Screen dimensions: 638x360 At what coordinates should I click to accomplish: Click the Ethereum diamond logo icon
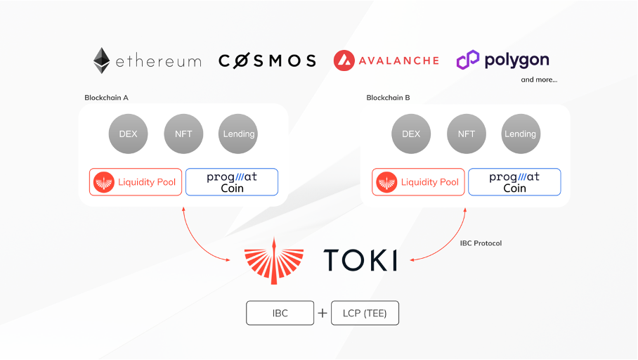[x=102, y=60]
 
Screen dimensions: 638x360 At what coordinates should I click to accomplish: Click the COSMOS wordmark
[x=267, y=60]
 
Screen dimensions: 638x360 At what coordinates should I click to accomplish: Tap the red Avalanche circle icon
[x=344, y=60]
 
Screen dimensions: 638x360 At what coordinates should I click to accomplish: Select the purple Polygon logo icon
[x=467, y=60]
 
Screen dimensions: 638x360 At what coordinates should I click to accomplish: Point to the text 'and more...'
[x=539, y=79]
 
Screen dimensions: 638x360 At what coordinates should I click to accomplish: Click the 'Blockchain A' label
[x=106, y=98]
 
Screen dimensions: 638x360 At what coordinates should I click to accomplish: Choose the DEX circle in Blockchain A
[x=128, y=134]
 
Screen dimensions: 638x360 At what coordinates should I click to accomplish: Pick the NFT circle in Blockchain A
[x=183, y=134]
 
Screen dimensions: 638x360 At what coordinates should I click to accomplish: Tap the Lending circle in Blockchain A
[x=238, y=134]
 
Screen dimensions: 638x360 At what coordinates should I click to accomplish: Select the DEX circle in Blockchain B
[x=410, y=134]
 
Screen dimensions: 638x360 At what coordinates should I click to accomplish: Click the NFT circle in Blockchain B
[x=466, y=134]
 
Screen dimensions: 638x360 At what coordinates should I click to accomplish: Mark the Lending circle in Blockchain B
[x=520, y=134]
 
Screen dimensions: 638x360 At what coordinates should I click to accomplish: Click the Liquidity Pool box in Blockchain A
[x=136, y=182]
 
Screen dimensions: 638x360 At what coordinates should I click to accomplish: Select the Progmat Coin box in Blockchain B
[x=514, y=182]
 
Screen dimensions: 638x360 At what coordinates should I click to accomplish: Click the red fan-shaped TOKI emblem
[x=274, y=261]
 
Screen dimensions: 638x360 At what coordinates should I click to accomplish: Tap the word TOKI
[x=360, y=261]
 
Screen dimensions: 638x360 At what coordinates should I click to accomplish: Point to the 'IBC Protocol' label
[x=481, y=243]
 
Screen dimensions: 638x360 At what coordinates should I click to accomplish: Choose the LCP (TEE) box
[x=364, y=313]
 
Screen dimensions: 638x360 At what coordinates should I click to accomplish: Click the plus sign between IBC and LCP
[x=323, y=313]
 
